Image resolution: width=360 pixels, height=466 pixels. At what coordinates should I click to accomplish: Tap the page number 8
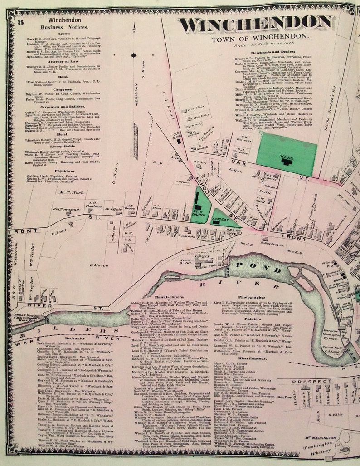pyautogui.click(x=21, y=21)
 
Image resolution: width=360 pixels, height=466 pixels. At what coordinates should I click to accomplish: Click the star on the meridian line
pyautogui.click(x=134, y=55)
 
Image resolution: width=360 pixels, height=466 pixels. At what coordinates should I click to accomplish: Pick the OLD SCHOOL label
pyautogui.click(x=177, y=136)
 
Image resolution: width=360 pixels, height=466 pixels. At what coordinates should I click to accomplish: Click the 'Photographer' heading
pyautogui.click(x=251, y=297)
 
